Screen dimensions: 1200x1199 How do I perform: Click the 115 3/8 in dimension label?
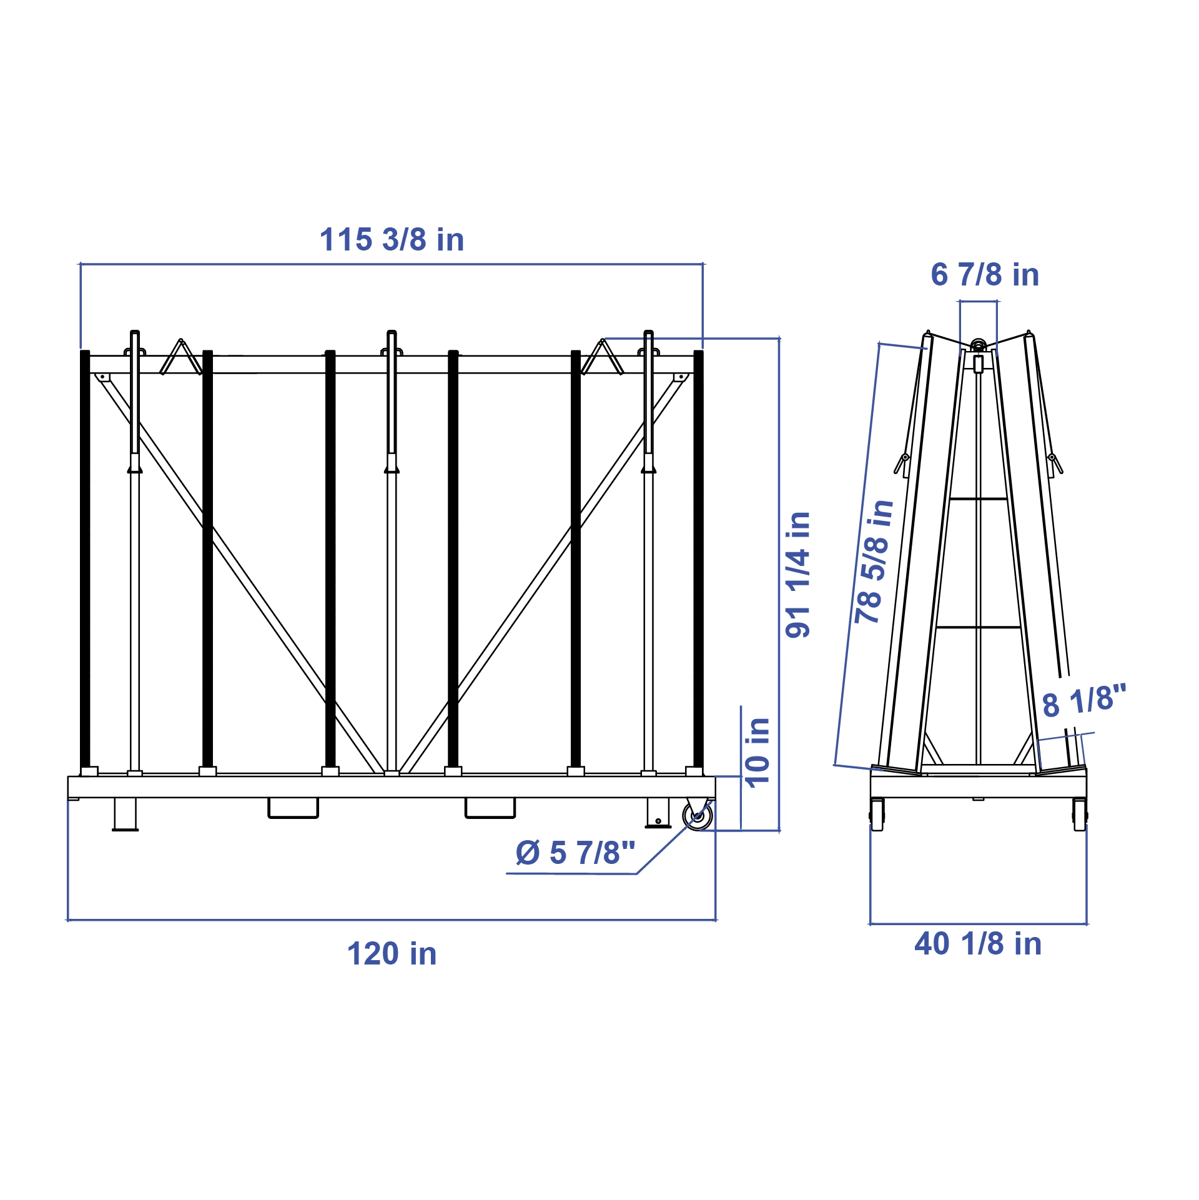(392, 240)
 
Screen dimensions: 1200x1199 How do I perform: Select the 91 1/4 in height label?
(798, 575)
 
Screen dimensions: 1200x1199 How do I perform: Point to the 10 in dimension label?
(757, 753)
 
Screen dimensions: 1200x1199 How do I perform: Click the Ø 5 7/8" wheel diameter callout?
(575, 853)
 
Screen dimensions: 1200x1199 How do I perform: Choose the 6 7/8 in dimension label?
(985, 275)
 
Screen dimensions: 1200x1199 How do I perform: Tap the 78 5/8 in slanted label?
(874, 562)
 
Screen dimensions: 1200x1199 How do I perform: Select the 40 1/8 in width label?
(978, 944)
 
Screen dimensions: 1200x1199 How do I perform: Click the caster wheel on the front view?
(698, 816)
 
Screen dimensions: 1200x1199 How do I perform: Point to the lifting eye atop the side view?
(979, 345)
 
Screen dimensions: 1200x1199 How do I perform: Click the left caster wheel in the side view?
(877, 815)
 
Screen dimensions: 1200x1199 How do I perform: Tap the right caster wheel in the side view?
(1080, 815)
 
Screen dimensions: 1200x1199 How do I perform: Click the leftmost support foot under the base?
(125, 814)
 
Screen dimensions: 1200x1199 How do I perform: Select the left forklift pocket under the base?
(293, 808)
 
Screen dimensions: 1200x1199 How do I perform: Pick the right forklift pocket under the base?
(490, 808)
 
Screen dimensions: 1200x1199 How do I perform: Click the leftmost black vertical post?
(85, 559)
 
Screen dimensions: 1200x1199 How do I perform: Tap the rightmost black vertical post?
(699, 559)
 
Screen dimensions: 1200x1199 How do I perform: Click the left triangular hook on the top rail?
(181, 358)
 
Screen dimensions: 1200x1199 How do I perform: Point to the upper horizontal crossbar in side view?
(978, 498)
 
